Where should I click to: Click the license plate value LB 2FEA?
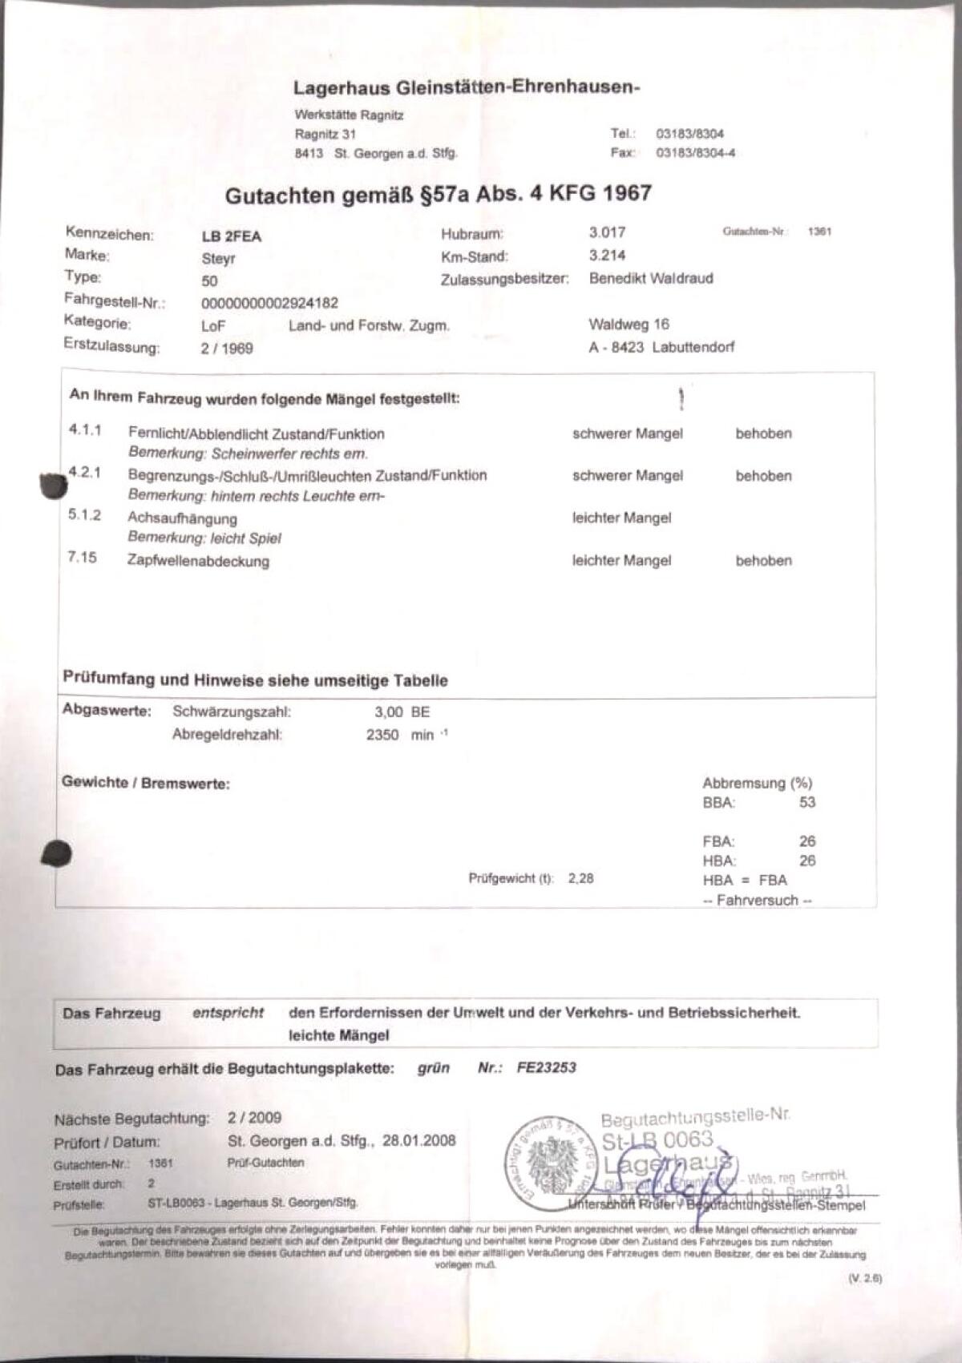point(232,236)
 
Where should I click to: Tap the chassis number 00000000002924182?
point(269,303)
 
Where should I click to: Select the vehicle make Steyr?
point(218,259)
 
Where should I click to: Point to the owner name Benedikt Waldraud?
point(650,278)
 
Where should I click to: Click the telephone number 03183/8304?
point(689,134)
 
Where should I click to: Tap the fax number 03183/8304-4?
point(695,153)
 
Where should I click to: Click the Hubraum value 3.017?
point(607,232)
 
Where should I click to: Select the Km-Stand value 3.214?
point(607,256)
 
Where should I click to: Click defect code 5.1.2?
point(85,514)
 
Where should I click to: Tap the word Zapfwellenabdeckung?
point(198,561)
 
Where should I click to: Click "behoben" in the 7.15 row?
point(763,561)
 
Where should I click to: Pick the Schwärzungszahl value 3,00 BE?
point(402,712)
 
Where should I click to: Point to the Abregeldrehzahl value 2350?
point(382,735)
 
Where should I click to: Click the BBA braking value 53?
point(806,802)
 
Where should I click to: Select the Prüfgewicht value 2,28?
point(581,878)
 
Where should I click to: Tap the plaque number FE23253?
point(547,1067)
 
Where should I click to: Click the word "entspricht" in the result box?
point(228,1013)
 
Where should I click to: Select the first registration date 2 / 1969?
point(227,349)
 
